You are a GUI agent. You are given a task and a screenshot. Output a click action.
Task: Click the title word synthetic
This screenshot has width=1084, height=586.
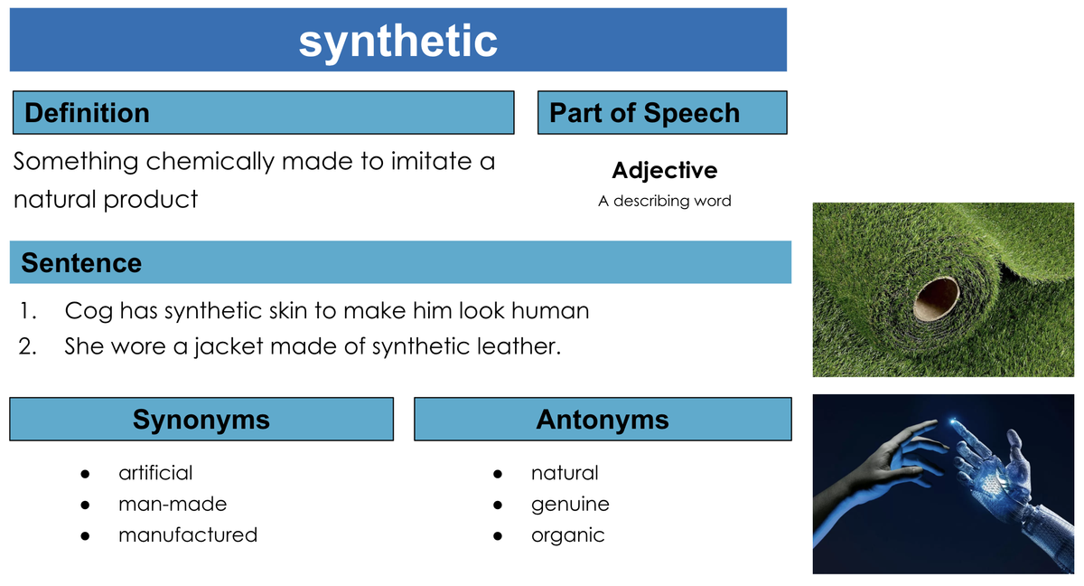[397, 43]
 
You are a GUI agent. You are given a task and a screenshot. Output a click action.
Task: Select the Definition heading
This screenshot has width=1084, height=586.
[87, 113]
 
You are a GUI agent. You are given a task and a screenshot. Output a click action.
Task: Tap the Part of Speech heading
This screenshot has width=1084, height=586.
[645, 113]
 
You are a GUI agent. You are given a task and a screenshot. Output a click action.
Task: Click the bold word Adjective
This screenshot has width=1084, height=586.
[665, 171]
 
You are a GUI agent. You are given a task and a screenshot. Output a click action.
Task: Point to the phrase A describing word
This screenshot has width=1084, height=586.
[665, 201]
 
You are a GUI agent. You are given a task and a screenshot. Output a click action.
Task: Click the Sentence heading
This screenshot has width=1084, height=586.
[81, 263]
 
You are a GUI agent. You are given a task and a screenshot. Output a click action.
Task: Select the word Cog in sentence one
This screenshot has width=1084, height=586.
[89, 311]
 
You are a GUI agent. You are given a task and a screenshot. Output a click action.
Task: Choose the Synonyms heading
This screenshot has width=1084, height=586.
[201, 420]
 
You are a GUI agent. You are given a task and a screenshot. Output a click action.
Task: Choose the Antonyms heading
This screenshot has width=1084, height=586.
[603, 420]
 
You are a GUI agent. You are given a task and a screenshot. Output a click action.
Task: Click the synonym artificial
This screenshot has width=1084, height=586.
[155, 473]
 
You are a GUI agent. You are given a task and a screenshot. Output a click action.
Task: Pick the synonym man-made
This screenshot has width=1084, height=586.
[173, 504]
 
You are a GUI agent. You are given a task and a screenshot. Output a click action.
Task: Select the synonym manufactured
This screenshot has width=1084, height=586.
[188, 535]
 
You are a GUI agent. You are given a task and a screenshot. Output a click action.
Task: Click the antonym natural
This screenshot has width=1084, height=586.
[565, 473]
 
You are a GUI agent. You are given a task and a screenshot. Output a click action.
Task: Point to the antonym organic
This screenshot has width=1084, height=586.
[567, 536]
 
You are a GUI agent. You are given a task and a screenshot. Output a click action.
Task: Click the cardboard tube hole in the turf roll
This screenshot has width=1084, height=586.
[936, 298]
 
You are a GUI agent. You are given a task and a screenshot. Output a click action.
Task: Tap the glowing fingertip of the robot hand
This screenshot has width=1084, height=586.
[954, 422]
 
